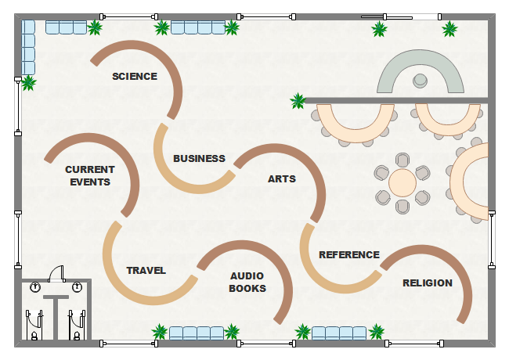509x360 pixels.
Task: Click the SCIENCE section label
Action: [135, 77]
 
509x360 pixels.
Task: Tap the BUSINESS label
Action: [199, 159]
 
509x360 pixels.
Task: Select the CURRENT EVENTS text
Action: [90, 175]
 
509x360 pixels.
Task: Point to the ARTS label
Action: [282, 179]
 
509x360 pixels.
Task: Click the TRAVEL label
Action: [146, 271]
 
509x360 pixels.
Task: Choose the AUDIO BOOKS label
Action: [247, 282]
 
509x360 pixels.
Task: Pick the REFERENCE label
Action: [349, 255]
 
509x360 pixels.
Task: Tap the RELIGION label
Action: [428, 283]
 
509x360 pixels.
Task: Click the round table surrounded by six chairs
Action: [403, 183]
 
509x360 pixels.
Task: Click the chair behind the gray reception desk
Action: [421, 79]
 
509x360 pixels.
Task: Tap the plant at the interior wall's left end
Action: [298, 101]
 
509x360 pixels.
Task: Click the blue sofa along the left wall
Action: [28, 46]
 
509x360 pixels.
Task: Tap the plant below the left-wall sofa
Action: [28, 82]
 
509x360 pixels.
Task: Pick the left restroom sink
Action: [35, 288]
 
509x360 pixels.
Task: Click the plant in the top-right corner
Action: [449, 30]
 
